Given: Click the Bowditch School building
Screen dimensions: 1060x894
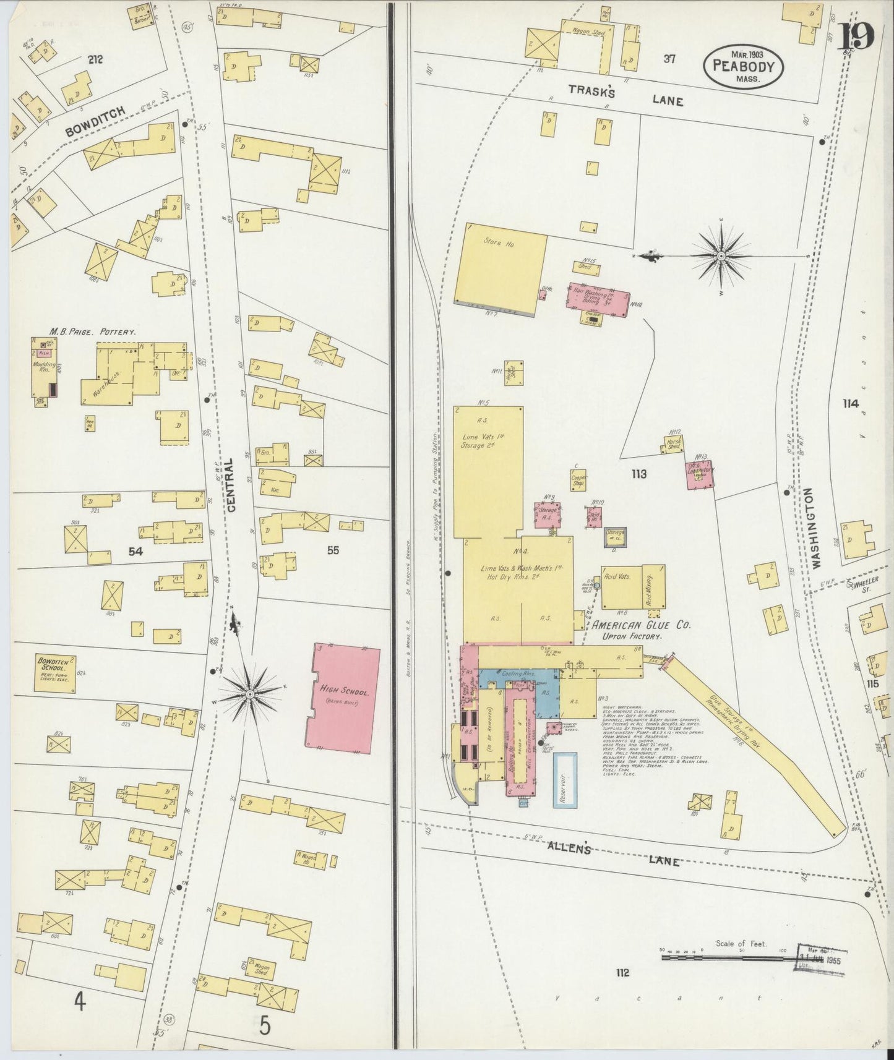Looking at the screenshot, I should click(55, 673).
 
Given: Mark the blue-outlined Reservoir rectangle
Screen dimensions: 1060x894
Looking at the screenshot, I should click(564, 780).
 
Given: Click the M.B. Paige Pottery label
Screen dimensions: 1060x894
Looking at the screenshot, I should click(95, 332).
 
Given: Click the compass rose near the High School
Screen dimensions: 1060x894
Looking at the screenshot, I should click(249, 695).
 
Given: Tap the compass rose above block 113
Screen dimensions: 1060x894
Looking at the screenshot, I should click(721, 255).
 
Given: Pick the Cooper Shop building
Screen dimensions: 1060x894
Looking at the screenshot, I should click(578, 481).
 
